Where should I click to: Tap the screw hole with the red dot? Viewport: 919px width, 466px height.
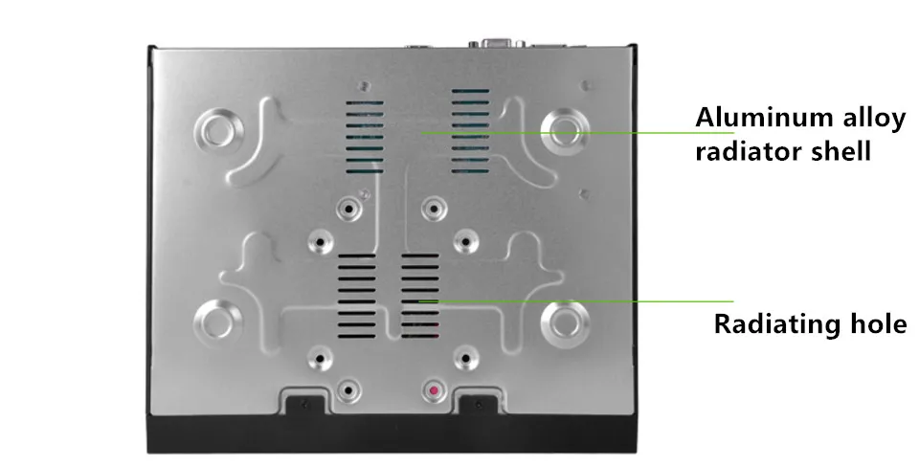pyautogui.click(x=434, y=390)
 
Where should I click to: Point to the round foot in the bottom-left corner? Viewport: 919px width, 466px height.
pyautogui.click(x=217, y=320)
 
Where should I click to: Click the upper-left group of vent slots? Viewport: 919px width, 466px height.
pyautogui.click(x=365, y=137)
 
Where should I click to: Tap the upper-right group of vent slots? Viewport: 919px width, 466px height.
pyautogui.click(x=470, y=131)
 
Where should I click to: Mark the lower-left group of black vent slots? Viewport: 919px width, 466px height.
pyautogui.click(x=357, y=296)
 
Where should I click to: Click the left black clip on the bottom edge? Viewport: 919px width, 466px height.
pyautogui.click(x=304, y=404)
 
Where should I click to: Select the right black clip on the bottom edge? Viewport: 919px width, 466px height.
pyautogui.click(x=479, y=404)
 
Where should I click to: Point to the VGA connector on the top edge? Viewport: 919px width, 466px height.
pyautogui.click(x=497, y=42)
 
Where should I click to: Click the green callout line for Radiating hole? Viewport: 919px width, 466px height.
pyautogui.click(x=575, y=301)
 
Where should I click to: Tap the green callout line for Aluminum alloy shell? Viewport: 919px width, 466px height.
pyautogui.click(x=577, y=132)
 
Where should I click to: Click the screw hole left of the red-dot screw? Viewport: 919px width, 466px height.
pyautogui.click(x=348, y=389)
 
